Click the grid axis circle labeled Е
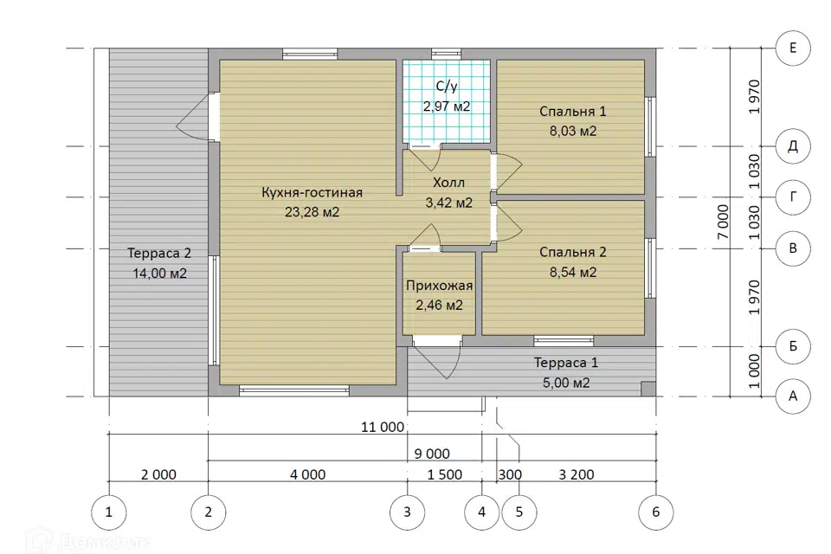[x=793, y=48]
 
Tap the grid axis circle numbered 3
[x=407, y=512]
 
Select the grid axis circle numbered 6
[x=656, y=512]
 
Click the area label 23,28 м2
[x=312, y=212]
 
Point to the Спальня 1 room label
[x=573, y=112]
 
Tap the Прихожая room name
[x=440, y=286]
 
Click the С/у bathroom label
[x=447, y=87]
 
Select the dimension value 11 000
[x=383, y=427]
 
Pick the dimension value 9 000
[x=432, y=454]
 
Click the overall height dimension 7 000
[x=723, y=222]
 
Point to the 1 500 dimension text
[x=445, y=474]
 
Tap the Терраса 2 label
[x=159, y=254]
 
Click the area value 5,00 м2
[x=566, y=383]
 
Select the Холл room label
[x=449, y=183]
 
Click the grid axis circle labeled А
[x=793, y=396]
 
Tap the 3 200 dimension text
[x=577, y=474]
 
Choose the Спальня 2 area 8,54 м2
[x=573, y=273]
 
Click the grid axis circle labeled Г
[x=793, y=197]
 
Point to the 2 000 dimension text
[x=158, y=474]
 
